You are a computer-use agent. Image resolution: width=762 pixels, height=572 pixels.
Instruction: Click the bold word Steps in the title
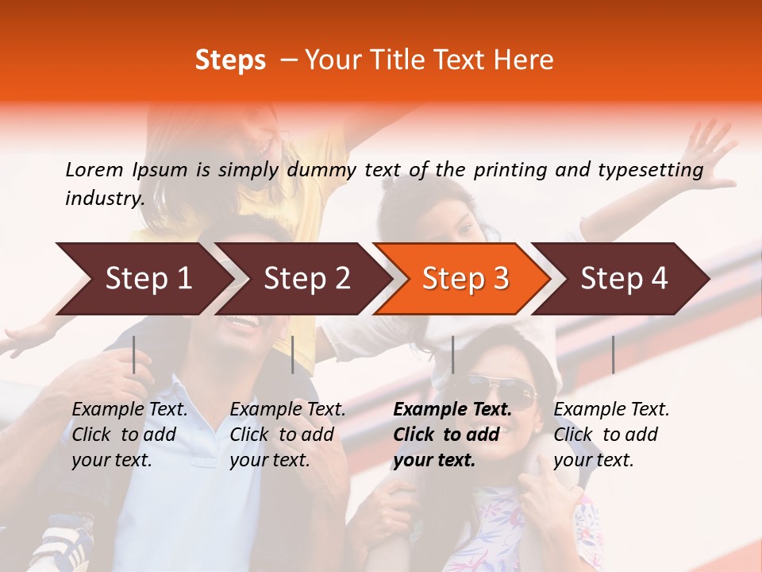230,60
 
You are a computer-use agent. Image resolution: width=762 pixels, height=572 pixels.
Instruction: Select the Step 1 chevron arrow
143,279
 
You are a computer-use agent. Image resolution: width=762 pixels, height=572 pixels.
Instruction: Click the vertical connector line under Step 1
134,354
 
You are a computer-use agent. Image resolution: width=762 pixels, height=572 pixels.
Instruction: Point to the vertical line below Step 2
293,354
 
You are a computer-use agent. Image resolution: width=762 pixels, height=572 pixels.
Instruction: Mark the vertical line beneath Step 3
452,354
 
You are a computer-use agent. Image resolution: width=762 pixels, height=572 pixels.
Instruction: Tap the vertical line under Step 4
613,354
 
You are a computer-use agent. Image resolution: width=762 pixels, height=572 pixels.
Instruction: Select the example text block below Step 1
129,435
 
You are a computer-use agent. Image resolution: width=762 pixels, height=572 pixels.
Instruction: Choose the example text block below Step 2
287,435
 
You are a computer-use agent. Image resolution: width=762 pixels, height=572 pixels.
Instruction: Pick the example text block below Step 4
611,435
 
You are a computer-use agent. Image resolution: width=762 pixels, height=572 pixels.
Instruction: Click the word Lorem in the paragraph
94,169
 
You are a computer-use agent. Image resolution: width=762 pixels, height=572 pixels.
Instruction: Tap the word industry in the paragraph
104,199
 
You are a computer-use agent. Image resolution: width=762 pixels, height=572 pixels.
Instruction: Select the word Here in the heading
524,60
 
